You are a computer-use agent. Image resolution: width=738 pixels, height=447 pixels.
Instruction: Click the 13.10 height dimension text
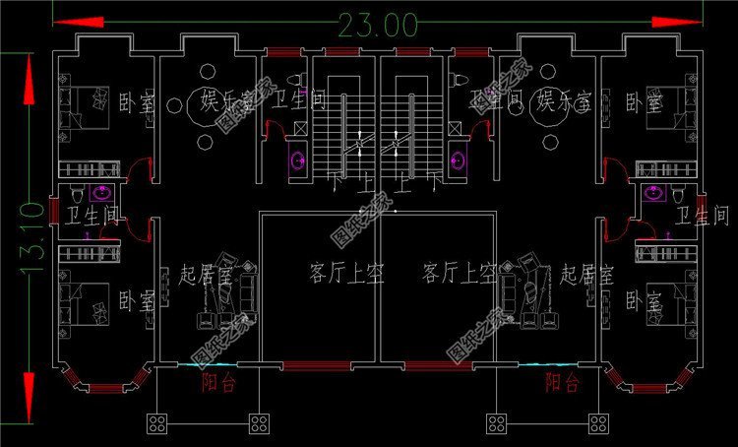click(x=30, y=236)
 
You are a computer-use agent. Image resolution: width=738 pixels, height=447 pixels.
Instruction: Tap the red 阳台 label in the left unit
click(x=217, y=382)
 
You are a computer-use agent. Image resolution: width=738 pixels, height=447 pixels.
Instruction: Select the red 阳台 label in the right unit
click(x=562, y=382)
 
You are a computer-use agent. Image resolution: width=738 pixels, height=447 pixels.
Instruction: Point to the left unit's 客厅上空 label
click(x=319, y=273)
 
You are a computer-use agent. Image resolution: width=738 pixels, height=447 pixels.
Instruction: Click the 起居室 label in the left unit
click(x=206, y=273)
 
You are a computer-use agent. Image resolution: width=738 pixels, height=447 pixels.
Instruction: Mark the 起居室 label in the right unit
click(x=586, y=273)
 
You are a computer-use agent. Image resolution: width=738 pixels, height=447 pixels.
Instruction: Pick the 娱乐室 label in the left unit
click(x=225, y=101)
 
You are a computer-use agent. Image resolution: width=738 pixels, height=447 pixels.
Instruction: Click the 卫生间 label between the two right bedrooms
click(x=702, y=216)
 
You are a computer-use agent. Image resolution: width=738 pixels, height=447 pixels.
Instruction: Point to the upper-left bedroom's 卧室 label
click(x=134, y=101)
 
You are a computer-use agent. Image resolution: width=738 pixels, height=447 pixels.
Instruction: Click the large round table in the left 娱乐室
click(x=207, y=106)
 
